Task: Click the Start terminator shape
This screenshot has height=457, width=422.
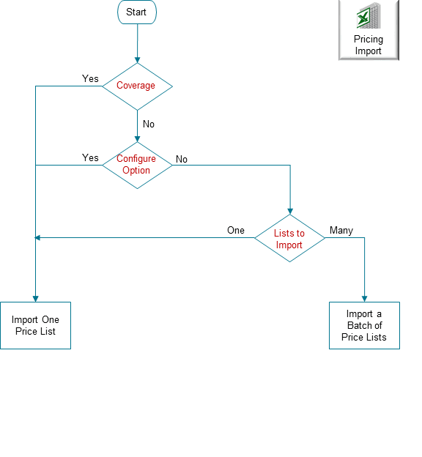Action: [136, 12]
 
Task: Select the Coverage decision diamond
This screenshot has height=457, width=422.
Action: [137, 86]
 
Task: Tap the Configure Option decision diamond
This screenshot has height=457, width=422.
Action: [137, 165]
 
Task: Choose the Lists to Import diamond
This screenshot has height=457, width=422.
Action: [289, 239]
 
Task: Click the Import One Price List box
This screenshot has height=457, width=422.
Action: [35, 326]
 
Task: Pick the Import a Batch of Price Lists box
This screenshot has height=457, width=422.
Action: [364, 325]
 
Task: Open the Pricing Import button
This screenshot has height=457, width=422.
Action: [369, 30]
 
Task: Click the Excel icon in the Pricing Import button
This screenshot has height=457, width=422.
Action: [369, 16]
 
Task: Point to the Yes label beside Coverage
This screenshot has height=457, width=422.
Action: [90, 78]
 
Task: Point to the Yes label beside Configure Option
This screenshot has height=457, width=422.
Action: [90, 157]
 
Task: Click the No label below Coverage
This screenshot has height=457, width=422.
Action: [149, 124]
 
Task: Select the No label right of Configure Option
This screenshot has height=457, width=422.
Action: [182, 159]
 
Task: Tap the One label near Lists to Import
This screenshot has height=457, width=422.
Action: [235, 230]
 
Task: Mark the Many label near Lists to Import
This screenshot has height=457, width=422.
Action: [341, 230]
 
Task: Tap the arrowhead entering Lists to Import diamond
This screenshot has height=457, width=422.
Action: [290, 210]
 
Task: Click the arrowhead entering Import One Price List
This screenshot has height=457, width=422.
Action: [35, 298]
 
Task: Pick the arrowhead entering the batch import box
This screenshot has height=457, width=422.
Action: [364, 298]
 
